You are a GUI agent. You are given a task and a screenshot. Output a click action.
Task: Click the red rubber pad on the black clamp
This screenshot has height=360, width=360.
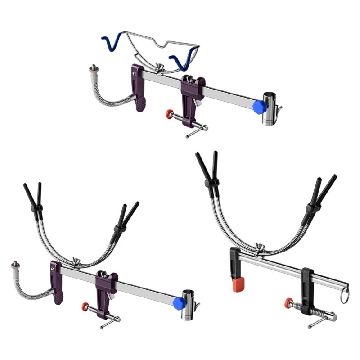coord(238,284)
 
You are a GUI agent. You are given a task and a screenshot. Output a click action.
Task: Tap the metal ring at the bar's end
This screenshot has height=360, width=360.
coord(344,296)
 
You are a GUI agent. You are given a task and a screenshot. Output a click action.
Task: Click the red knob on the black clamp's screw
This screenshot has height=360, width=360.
coord(287,303)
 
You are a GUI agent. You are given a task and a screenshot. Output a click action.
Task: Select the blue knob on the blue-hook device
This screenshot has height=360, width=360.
coord(258,107)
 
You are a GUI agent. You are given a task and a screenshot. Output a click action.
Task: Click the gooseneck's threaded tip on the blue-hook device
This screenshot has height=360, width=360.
coord(94,68)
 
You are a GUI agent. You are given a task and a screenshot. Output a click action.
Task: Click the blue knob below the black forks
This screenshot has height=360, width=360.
coord(178,303)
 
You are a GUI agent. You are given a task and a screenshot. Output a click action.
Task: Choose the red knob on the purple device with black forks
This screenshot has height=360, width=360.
coord(85,306)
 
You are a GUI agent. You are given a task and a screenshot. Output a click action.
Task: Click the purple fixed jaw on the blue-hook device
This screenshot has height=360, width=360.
coord(138,86)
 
